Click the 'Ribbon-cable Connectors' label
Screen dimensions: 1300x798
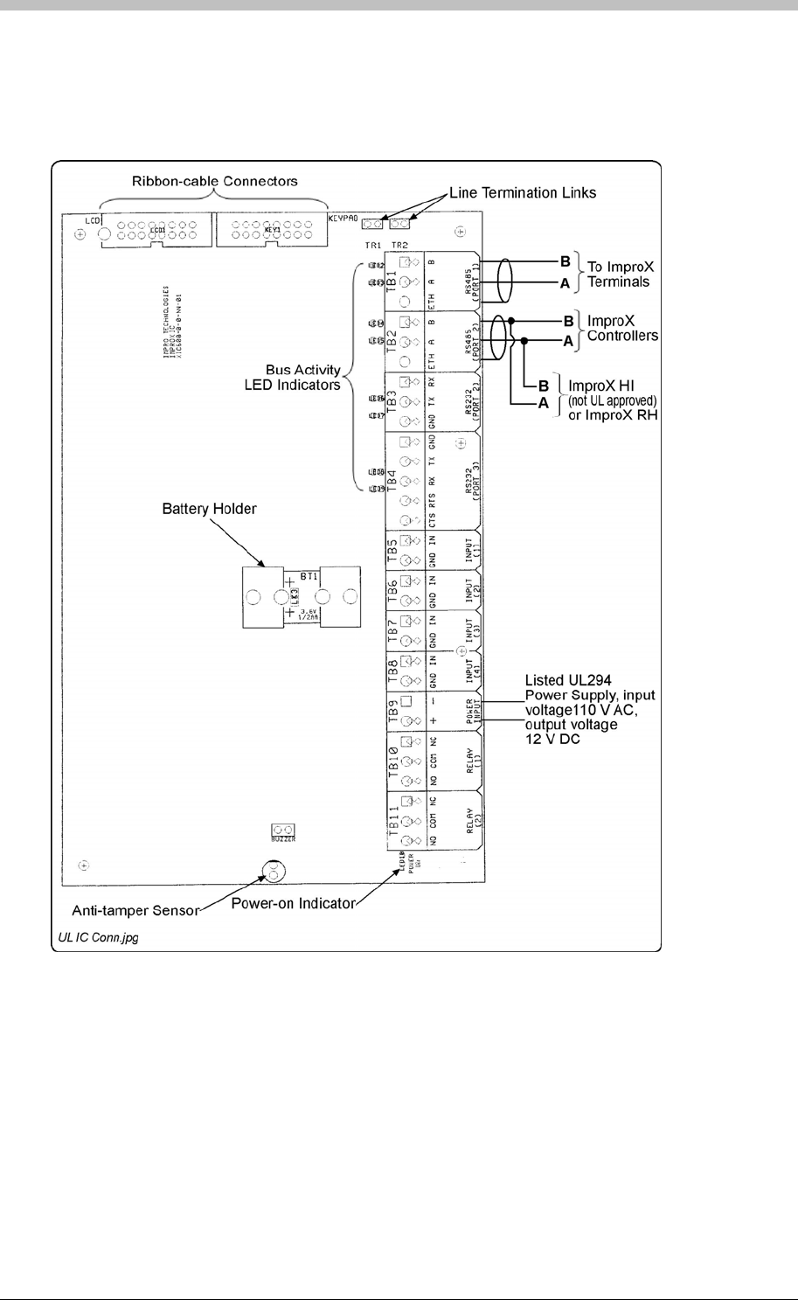pyautogui.click(x=214, y=182)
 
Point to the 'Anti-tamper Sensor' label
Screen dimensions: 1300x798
pyautogui.click(x=129, y=910)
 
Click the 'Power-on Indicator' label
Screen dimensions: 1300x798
pyautogui.click(x=293, y=903)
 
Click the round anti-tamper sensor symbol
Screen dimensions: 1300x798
pyautogui.click(x=273, y=872)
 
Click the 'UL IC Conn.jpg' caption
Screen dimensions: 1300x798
pyautogui.click(x=98, y=938)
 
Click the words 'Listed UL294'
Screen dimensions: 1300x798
pyautogui.click(x=569, y=679)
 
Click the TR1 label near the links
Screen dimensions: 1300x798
pyautogui.click(x=373, y=246)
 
